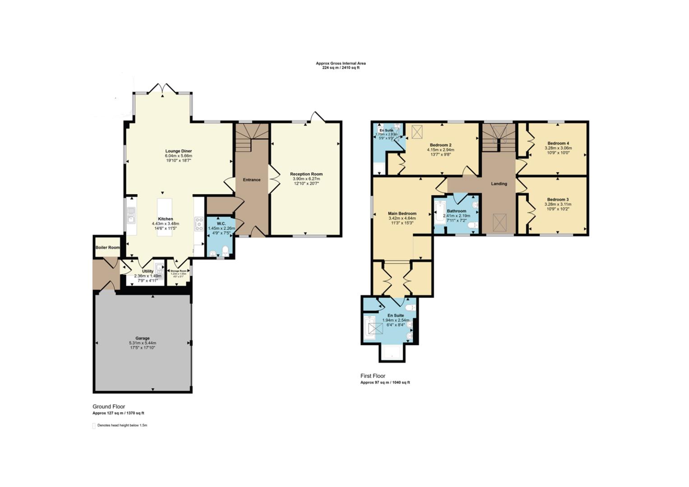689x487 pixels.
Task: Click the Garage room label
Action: [x=142, y=338]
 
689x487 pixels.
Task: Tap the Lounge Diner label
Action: [x=179, y=151]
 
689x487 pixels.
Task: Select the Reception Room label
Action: [x=306, y=174]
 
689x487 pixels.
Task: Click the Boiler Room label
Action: [x=107, y=248]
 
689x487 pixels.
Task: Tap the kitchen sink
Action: [x=130, y=216]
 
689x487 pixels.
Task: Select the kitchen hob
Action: [x=199, y=224]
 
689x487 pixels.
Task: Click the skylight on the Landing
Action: [x=499, y=222]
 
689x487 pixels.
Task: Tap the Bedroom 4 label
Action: [x=558, y=143]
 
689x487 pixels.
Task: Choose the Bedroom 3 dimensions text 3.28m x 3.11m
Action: [x=558, y=204]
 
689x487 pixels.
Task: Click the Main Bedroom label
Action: [x=402, y=214]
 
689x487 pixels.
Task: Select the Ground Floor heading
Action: [x=109, y=406]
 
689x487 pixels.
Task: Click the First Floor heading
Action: [x=373, y=376]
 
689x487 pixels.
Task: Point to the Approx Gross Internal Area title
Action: [x=341, y=63]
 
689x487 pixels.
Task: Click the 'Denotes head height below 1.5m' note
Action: [x=122, y=425]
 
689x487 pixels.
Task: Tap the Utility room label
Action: [x=148, y=271]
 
